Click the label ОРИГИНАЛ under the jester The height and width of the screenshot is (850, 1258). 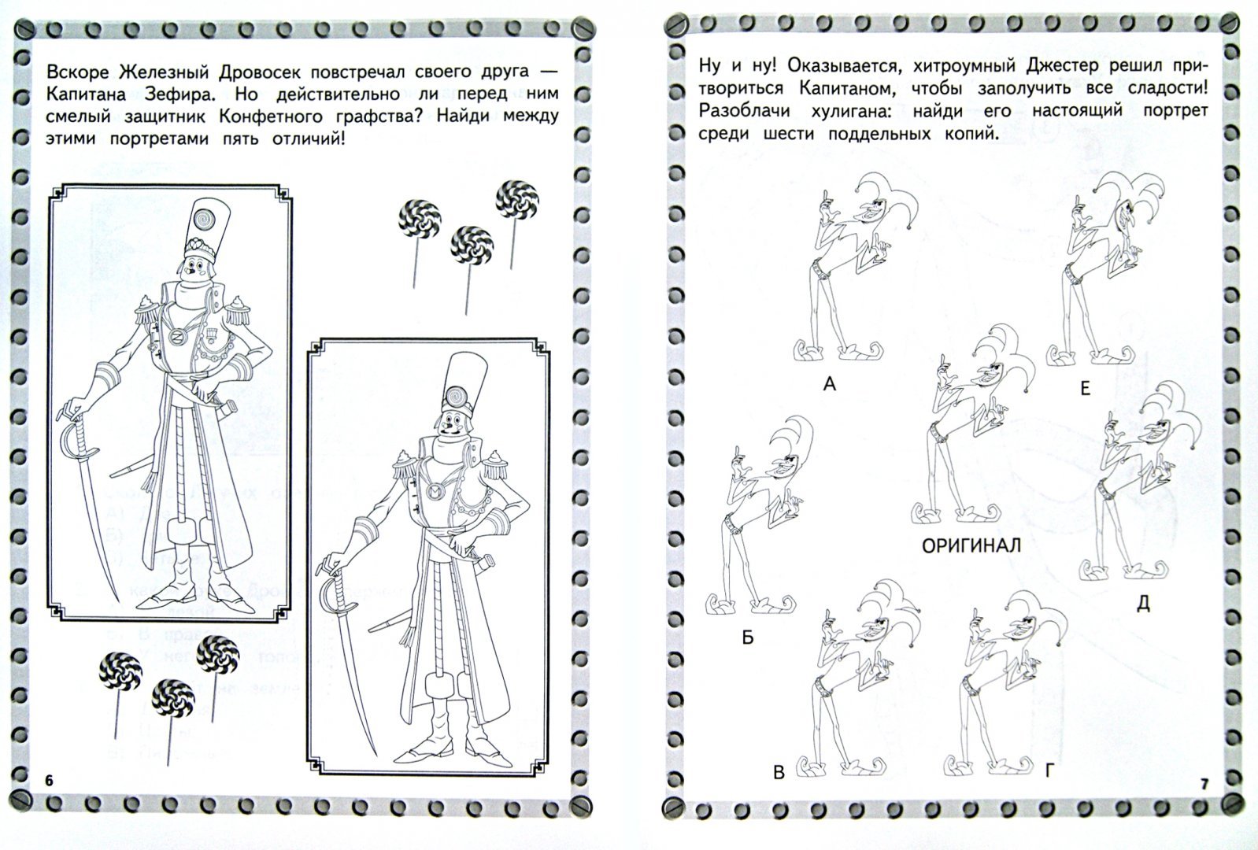pyautogui.click(x=971, y=545)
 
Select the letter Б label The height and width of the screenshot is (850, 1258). pyautogui.click(x=748, y=637)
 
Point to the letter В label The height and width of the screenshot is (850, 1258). pyautogui.click(x=779, y=773)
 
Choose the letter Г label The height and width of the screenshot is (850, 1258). pyautogui.click(x=1049, y=771)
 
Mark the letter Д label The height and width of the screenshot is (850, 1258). pyautogui.click(x=1143, y=604)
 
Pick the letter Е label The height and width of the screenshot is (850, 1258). pyautogui.click(x=1085, y=388)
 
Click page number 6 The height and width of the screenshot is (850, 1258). pyautogui.click(x=49, y=781)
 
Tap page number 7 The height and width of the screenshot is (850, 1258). pyautogui.click(x=1204, y=785)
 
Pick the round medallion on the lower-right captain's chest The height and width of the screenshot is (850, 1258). pyautogui.click(x=436, y=493)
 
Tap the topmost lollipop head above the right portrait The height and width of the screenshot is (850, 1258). pyautogui.click(x=517, y=200)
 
